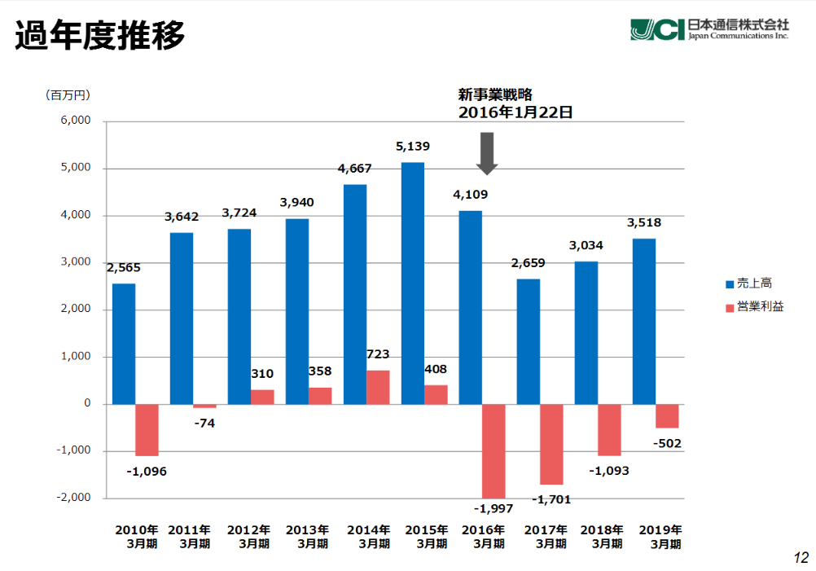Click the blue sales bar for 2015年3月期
413,283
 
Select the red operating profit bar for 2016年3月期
494,450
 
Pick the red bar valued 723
378,387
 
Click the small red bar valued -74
204,406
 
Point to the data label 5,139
413,147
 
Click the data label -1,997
494,508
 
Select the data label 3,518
643,222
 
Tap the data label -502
666,444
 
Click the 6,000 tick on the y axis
76,121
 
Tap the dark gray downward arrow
487,152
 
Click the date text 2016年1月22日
515,112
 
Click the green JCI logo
656,29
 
